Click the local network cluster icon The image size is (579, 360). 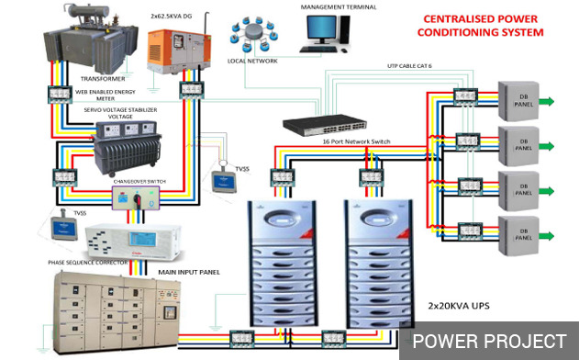(x=251, y=34)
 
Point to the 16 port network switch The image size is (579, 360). (x=321, y=122)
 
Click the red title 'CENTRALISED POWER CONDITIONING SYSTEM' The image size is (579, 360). (x=481, y=25)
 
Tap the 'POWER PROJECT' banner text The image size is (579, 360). (x=489, y=341)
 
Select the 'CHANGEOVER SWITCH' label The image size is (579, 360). (x=139, y=182)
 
